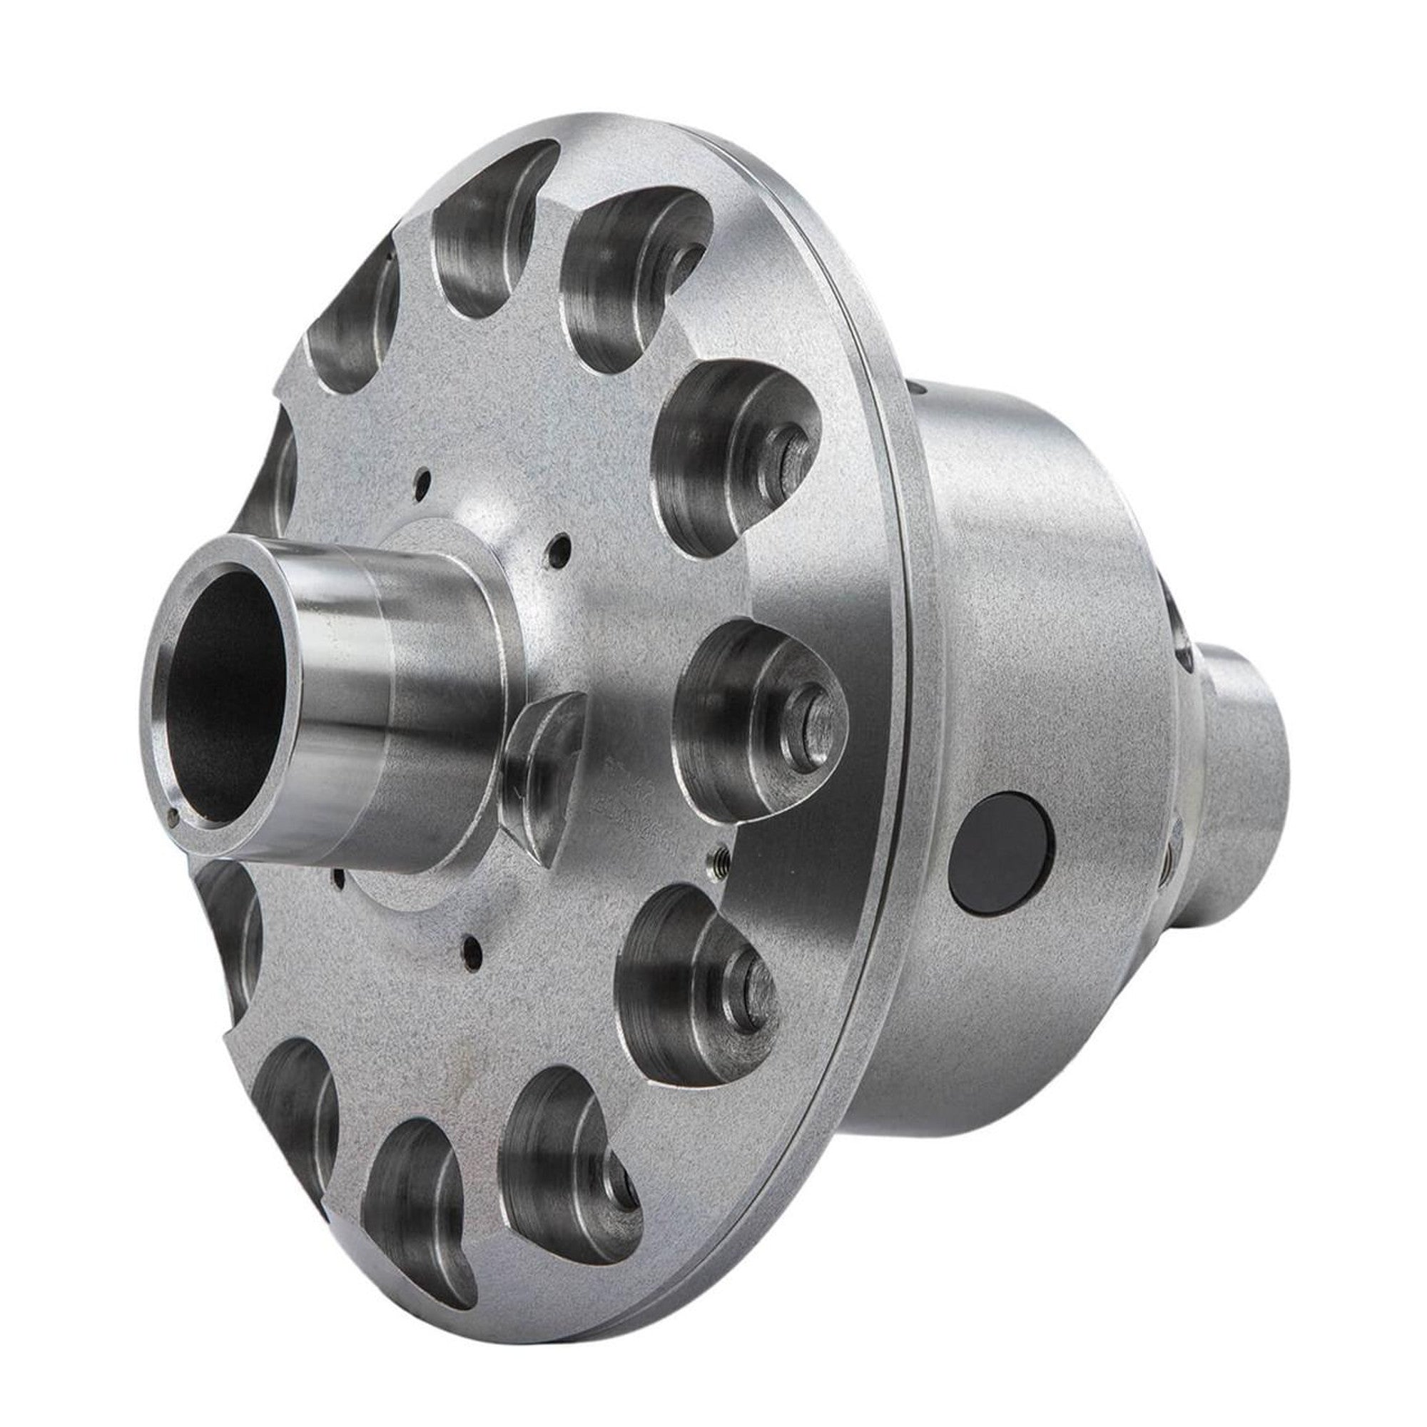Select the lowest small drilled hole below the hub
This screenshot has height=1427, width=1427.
point(467,943)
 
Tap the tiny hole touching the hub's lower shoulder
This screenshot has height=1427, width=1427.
point(338,875)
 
